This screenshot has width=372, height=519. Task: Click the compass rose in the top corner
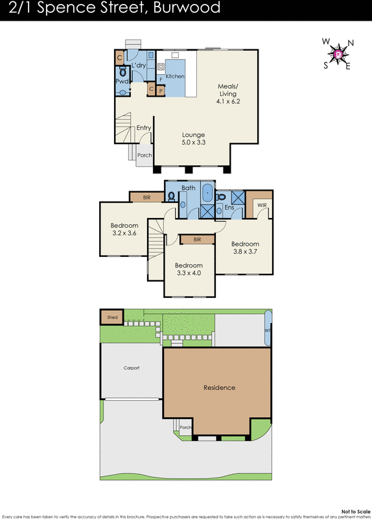(338, 54)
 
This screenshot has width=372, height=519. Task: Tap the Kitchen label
(175, 77)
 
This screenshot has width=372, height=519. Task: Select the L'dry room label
(138, 66)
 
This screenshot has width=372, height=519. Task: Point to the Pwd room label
(122, 81)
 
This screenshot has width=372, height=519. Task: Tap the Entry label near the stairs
(143, 128)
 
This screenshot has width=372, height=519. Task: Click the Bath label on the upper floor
(188, 188)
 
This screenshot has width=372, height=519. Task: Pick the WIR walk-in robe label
(262, 205)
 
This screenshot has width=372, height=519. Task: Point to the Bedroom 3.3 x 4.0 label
(189, 269)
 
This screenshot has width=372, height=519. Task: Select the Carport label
(132, 368)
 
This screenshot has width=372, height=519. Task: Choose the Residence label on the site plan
(219, 387)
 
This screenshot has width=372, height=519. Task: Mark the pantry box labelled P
(161, 91)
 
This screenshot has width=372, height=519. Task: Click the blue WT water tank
(268, 329)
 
